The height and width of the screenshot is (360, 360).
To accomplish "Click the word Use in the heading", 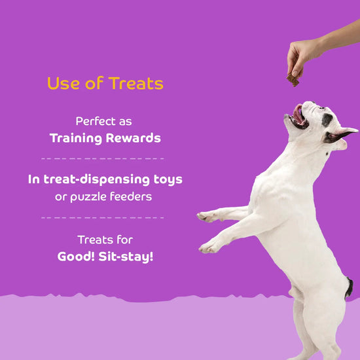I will tap(62, 84).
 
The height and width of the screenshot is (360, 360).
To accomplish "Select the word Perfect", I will tap(94, 122).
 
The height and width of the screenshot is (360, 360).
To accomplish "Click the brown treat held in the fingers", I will tap(293, 81).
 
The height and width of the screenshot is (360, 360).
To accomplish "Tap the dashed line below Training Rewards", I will tap(103, 158).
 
